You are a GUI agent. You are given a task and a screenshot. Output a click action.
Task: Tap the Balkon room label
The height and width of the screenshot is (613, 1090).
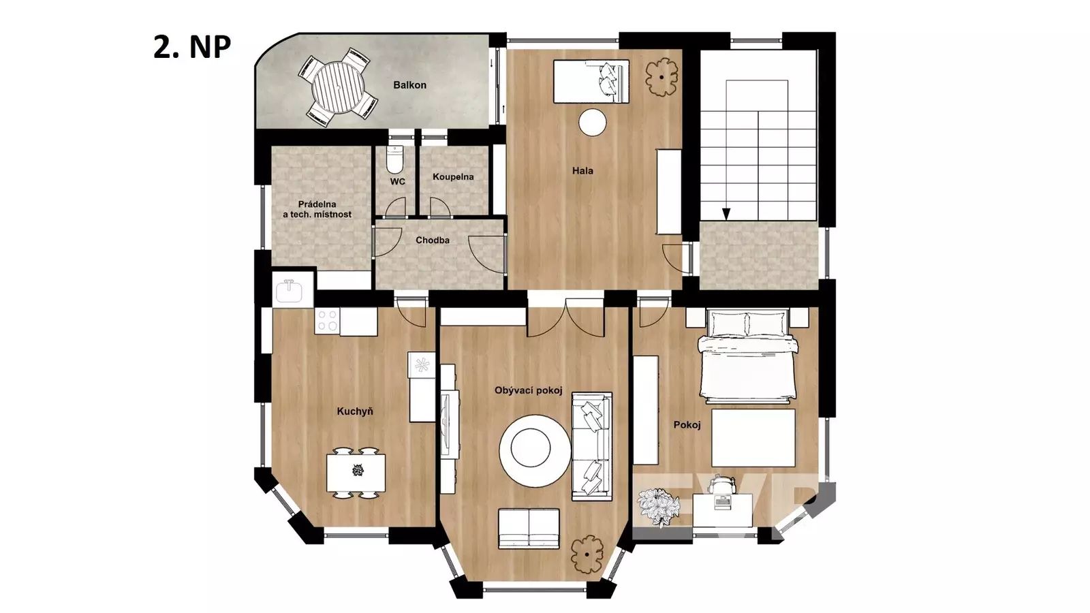point(409,85)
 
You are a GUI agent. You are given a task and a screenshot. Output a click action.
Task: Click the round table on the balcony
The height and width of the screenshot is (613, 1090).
point(339,88)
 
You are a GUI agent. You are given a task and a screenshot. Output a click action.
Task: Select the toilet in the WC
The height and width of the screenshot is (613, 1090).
point(394,159)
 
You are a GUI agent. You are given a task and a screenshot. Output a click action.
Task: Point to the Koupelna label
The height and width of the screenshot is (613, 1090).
point(453,176)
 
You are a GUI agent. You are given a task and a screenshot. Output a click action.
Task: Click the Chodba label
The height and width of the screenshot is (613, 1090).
point(433,240)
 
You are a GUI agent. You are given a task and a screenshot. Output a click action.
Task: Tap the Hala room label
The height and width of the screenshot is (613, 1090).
point(582,171)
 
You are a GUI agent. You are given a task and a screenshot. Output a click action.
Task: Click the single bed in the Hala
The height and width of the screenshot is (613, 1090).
point(591,81)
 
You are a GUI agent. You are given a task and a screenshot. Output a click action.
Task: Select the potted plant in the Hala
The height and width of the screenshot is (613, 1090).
point(661,77)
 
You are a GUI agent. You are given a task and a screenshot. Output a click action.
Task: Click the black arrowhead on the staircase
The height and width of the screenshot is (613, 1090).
point(726,214)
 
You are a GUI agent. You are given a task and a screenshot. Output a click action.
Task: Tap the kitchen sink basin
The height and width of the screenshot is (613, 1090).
point(289,292)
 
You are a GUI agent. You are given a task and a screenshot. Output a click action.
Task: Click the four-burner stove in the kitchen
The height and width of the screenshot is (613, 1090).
point(327,320)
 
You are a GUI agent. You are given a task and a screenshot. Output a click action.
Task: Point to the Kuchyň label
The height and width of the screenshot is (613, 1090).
point(355,411)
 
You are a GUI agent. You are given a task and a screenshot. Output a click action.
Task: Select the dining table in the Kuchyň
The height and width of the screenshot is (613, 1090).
point(356,473)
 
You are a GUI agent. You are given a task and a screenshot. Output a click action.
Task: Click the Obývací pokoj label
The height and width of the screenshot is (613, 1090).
point(529,391)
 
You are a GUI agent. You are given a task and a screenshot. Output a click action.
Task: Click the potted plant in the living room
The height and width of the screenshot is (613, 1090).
point(587,554)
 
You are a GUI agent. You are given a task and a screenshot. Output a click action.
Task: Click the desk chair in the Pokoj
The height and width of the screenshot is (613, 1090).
point(721,484)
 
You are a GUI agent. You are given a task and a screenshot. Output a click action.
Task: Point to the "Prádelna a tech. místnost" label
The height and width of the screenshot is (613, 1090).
point(317,210)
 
